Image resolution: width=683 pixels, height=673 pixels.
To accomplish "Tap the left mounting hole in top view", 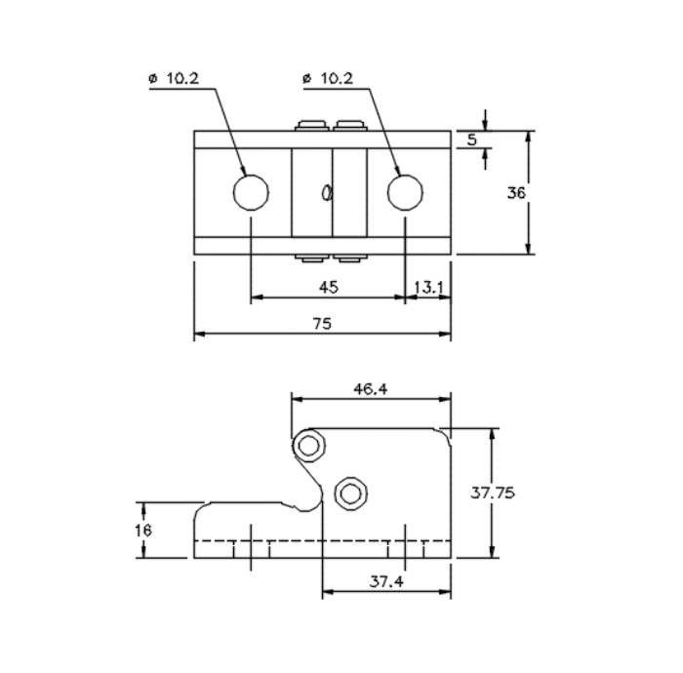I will [x=251, y=192].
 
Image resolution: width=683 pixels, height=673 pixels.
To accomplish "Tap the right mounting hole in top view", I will [x=405, y=192].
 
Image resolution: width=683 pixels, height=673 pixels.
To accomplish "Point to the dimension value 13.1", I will [x=429, y=287].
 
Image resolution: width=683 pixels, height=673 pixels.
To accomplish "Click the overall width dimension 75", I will [x=322, y=324].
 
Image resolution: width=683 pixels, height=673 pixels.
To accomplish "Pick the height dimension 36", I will [x=516, y=193].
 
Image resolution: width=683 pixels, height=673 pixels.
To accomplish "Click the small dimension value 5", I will [x=471, y=139].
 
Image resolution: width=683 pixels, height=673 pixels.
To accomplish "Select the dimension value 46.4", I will [x=371, y=388].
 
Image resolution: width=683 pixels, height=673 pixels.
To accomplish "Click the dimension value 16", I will [x=143, y=531].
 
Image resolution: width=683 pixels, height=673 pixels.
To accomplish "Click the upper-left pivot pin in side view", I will [x=310, y=446].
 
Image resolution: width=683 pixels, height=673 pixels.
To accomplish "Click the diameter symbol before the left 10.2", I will [x=154, y=79].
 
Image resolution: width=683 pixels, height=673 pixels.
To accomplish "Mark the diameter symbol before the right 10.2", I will [x=307, y=79].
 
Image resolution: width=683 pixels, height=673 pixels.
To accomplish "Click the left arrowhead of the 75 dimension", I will [x=199, y=335].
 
